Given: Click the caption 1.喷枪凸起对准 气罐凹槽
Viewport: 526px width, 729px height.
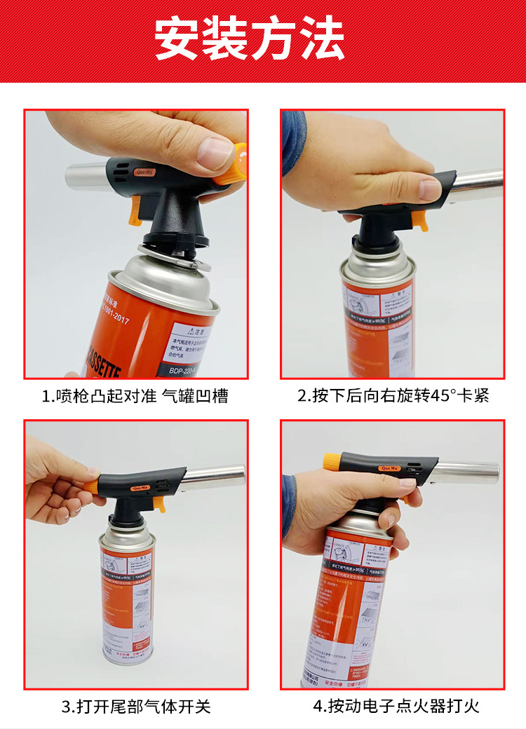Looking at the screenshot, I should [x=135, y=395].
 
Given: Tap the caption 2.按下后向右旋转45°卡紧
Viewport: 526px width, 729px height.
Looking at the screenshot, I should [x=393, y=395].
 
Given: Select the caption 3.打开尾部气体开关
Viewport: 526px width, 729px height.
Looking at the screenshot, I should [x=135, y=706].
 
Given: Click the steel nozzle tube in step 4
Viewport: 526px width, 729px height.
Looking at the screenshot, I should [x=466, y=472].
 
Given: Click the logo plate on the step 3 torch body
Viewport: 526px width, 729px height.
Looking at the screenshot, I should [x=138, y=488].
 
